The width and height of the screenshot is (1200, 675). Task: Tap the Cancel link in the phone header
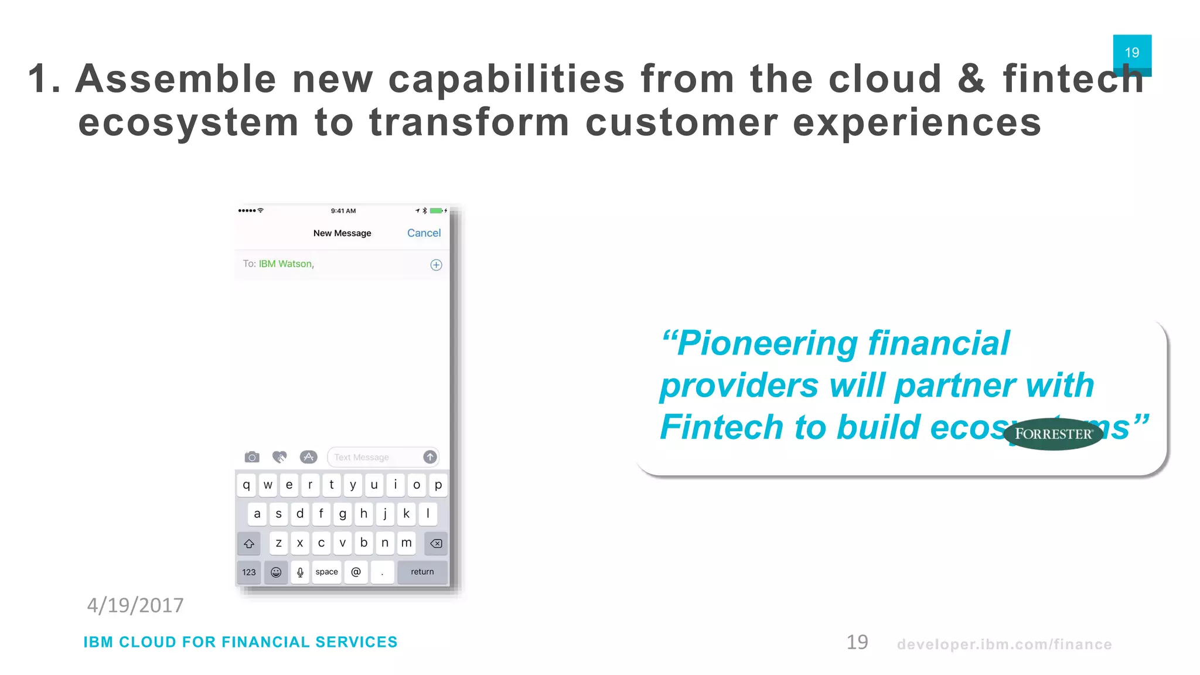click(x=424, y=233)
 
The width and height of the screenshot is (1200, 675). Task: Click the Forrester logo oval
click(x=1053, y=434)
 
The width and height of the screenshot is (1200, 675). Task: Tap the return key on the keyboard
click(x=422, y=572)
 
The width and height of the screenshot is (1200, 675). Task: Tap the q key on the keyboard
click(x=246, y=485)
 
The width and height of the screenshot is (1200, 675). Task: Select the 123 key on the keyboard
click(x=249, y=572)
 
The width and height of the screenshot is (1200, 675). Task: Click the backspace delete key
click(x=436, y=544)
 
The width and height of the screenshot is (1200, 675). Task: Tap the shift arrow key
click(x=249, y=544)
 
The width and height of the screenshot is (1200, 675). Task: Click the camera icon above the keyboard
click(x=252, y=457)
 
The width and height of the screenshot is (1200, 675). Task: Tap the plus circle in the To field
click(x=436, y=265)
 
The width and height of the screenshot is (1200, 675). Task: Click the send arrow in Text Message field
click(x=430, y=457)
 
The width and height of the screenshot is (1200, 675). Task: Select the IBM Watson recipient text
click(x=286, y=264)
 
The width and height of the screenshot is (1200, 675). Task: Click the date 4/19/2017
click(x=135, y=605)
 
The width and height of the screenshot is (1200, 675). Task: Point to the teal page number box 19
click(x=1132, y=52)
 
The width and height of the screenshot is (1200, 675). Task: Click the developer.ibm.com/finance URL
click(x=1004, y=645)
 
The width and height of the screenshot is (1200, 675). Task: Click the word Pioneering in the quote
click(x=768, y=343)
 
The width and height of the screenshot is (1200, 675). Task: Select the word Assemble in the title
click(x=176, y=79)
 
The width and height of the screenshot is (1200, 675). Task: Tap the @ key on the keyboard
click(x=356, y=572)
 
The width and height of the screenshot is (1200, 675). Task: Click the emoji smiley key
click(x=276, y=572)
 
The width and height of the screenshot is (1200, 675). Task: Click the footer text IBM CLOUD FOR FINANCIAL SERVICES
click(x=240, y=642)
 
